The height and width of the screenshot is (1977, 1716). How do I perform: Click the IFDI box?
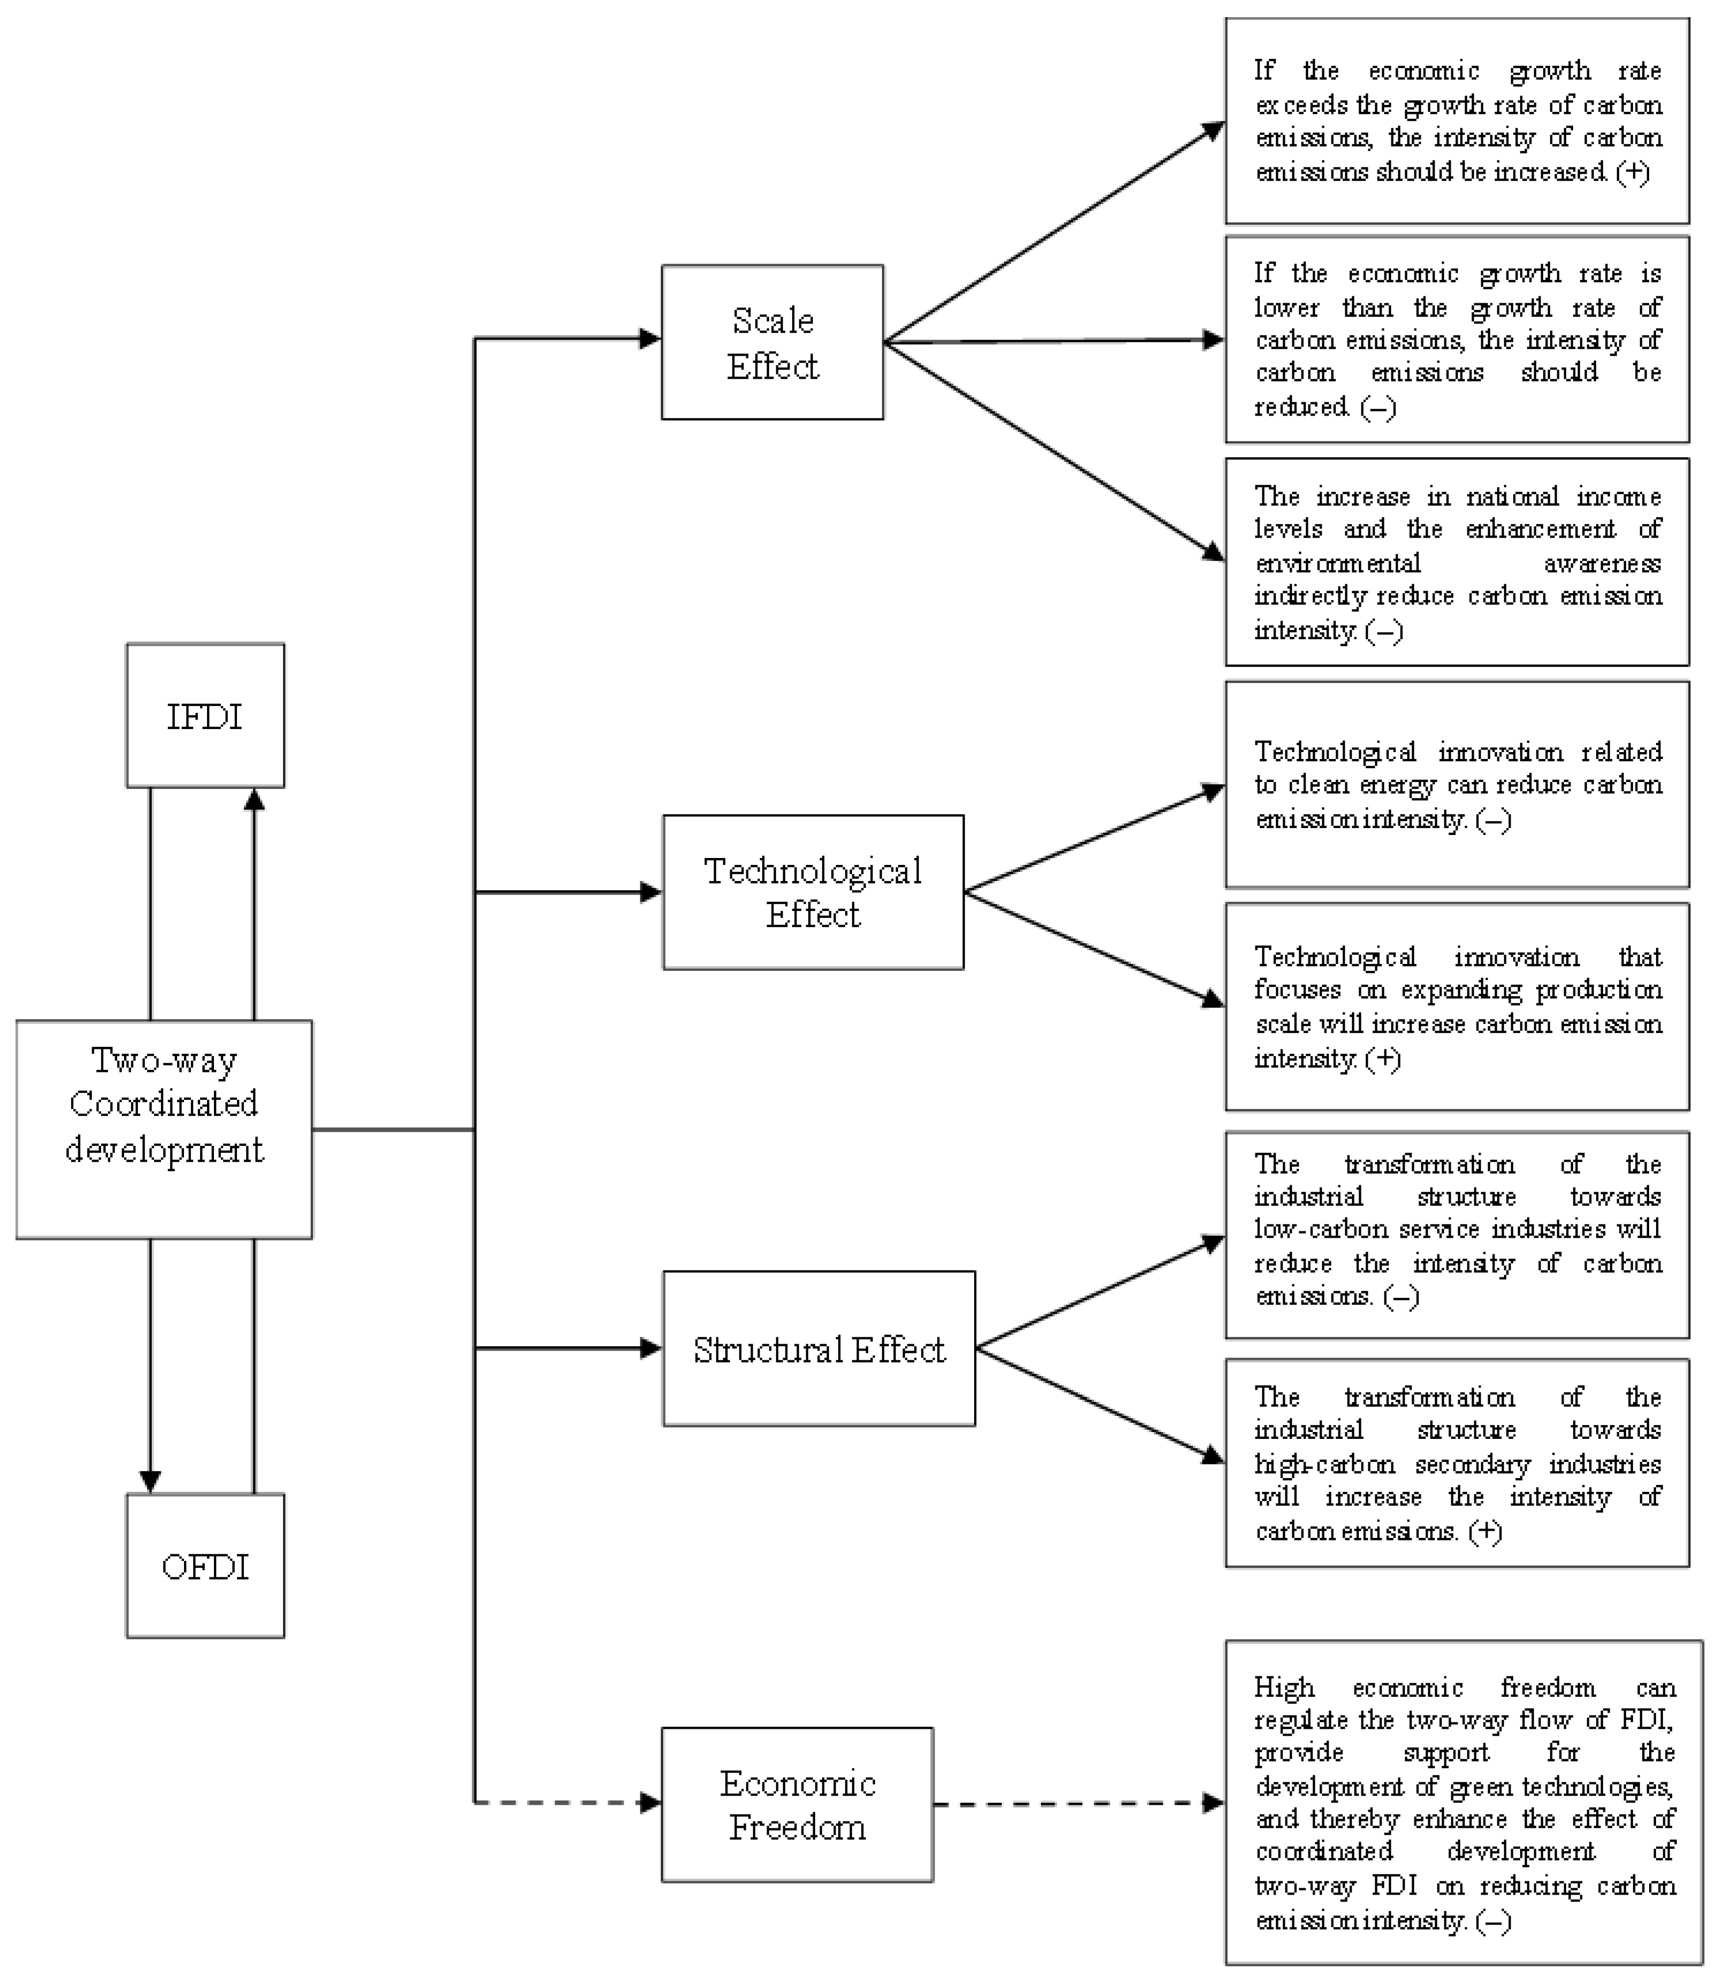pyautogui.click(x=205, y=716)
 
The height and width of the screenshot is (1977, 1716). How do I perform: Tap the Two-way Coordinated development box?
pyautogui.click(x=164, y=1130)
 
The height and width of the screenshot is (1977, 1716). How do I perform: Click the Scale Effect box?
pyautogui.click(x=772, y=343)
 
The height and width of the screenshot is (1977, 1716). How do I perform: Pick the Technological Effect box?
pyautogui.click(x=813, y=892)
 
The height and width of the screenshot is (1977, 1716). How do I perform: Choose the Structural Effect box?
pyautogui.click(x=819, y=1349)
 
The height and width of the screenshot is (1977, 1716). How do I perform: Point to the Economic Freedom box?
pyautogui.click(x=796, y=1805)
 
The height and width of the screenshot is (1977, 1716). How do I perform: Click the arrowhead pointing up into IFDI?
pyautogui.click(x=254, y=800)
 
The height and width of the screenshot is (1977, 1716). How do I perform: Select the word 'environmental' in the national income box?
pyautogui.click(x=1338, y=563)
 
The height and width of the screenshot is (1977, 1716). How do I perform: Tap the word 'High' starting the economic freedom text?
pyautogui.click(x=1284, y=1687)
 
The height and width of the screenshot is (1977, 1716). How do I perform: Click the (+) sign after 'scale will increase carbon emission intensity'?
pyautogui.click(x=1383, y=1059)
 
